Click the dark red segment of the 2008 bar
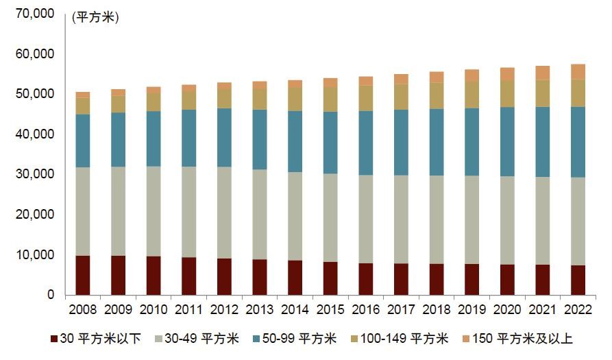click(x=82, y=275)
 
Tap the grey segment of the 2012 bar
click(x=224, y=213)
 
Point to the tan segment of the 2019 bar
click(x=472, y=95)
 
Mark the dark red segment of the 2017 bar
click(x=401, y=279)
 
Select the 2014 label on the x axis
click(x=295, y=309)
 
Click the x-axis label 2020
click(x=507, y=309)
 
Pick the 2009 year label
click(x=118, y=309)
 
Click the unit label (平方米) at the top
click(x=95, y=18)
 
